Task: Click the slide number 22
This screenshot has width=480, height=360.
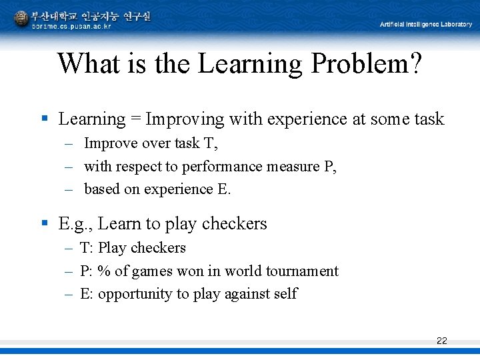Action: click(441, 341)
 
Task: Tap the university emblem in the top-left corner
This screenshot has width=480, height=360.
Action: click(21, 19)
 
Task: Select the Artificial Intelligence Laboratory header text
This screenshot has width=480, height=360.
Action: click(425, 25)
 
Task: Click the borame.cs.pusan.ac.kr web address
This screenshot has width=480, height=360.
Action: click(71, 26)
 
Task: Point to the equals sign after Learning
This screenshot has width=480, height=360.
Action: click(135, 120)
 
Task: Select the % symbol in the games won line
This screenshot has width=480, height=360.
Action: click(104, 271)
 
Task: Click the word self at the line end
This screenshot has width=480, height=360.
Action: click(285, 294)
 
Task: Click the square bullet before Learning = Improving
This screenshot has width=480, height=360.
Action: click(45, 119)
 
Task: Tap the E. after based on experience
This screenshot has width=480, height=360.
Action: click(224, 189)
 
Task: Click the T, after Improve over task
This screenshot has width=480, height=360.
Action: click(213, 143)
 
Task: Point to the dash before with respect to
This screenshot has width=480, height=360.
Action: click(69, 167)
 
